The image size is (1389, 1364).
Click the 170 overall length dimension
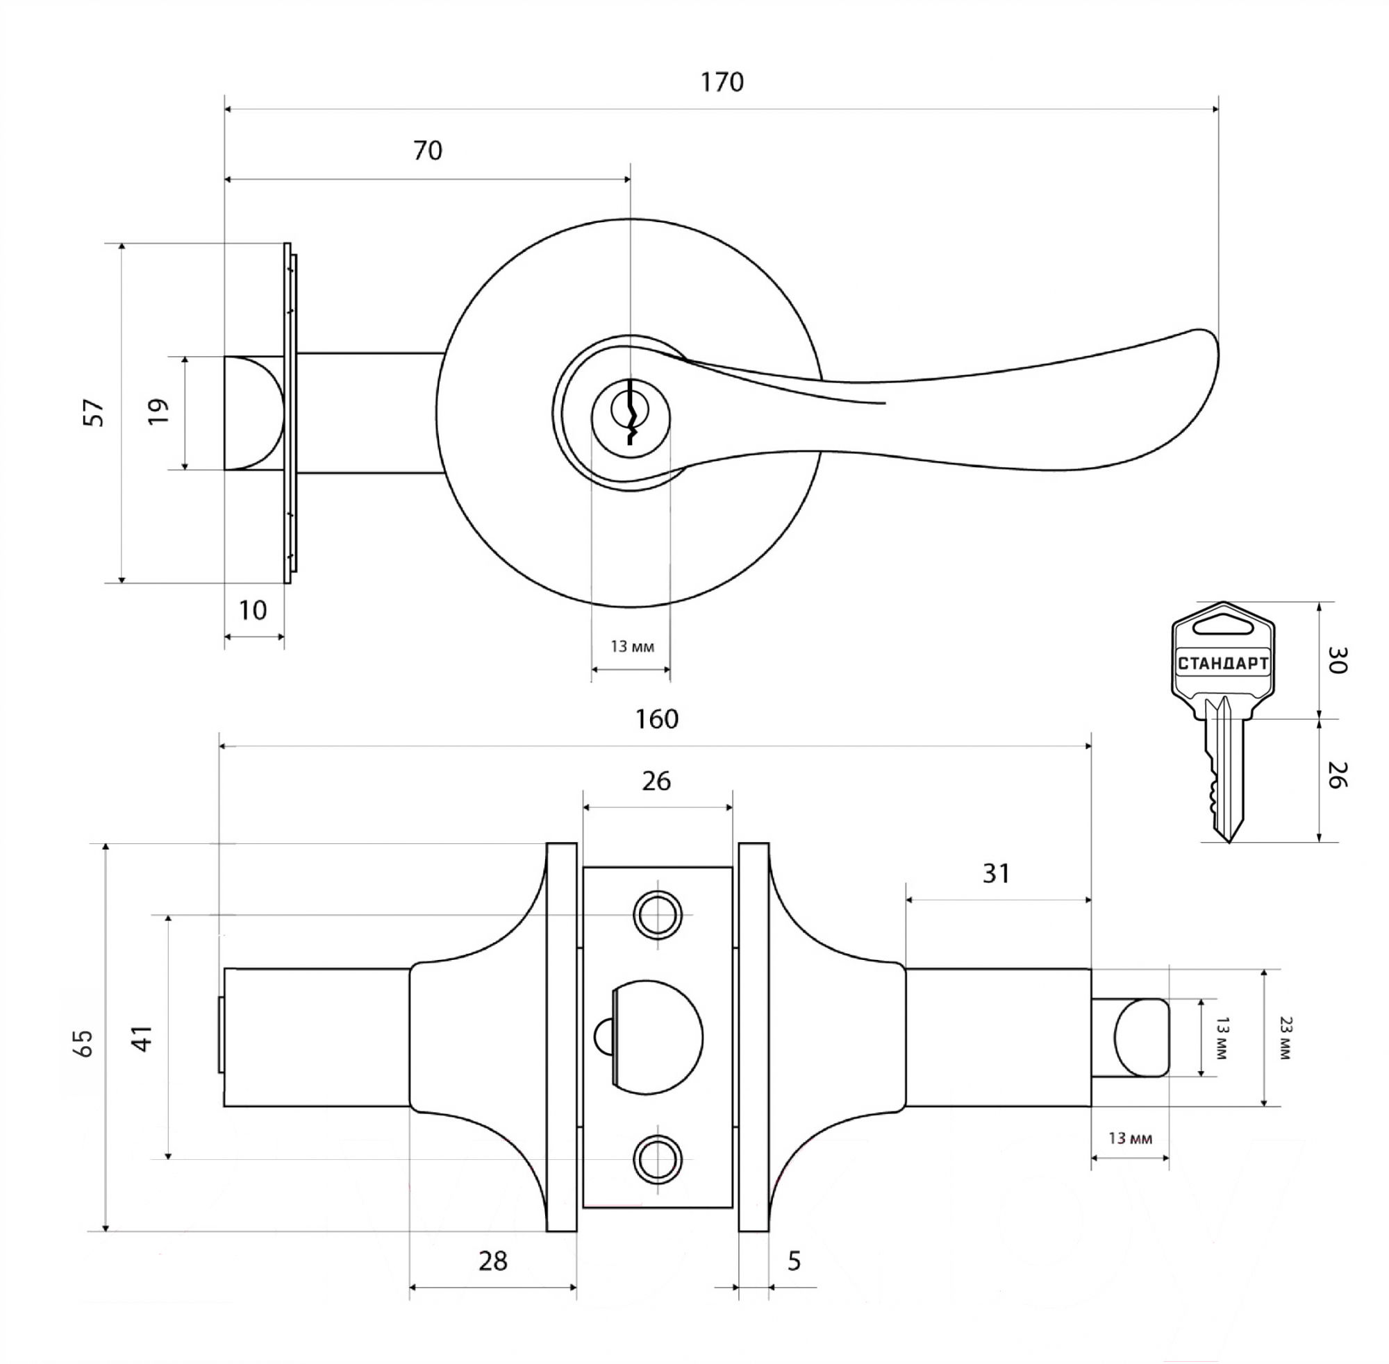click(722, 83)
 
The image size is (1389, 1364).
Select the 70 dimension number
click(428, 151)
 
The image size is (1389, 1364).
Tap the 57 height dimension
click(94, 413)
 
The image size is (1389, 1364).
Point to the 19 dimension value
click(158, 411)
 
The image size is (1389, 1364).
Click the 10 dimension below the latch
click(252, 610)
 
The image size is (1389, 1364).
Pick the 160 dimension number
click(656, 718)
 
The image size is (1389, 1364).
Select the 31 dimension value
click(996, 873)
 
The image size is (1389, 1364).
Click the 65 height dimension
click(83, 1043)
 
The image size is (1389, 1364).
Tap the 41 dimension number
click(143, 1038)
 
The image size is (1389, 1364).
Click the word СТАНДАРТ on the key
click(1223, 664)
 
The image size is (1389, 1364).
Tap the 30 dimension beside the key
click(1338, 660)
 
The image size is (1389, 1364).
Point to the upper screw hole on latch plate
click(656, 915)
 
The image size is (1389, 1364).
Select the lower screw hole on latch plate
click(656, 1159)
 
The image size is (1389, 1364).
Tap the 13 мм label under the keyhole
click(632, 647)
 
